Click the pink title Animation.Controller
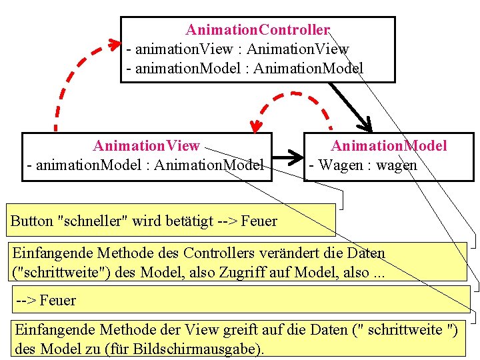tap(257, 30)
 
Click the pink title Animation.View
tap(146, 145)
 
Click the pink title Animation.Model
tap(389, 145)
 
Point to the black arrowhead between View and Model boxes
tap(293, 159)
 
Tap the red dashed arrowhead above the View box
tap(255, 125)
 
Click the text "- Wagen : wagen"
tap(362, 165)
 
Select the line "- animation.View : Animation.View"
tap(237, 49)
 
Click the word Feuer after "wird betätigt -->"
tap(259, 221)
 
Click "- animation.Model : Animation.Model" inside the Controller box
tap(245, 68)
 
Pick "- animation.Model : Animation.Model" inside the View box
tap(145, 165)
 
